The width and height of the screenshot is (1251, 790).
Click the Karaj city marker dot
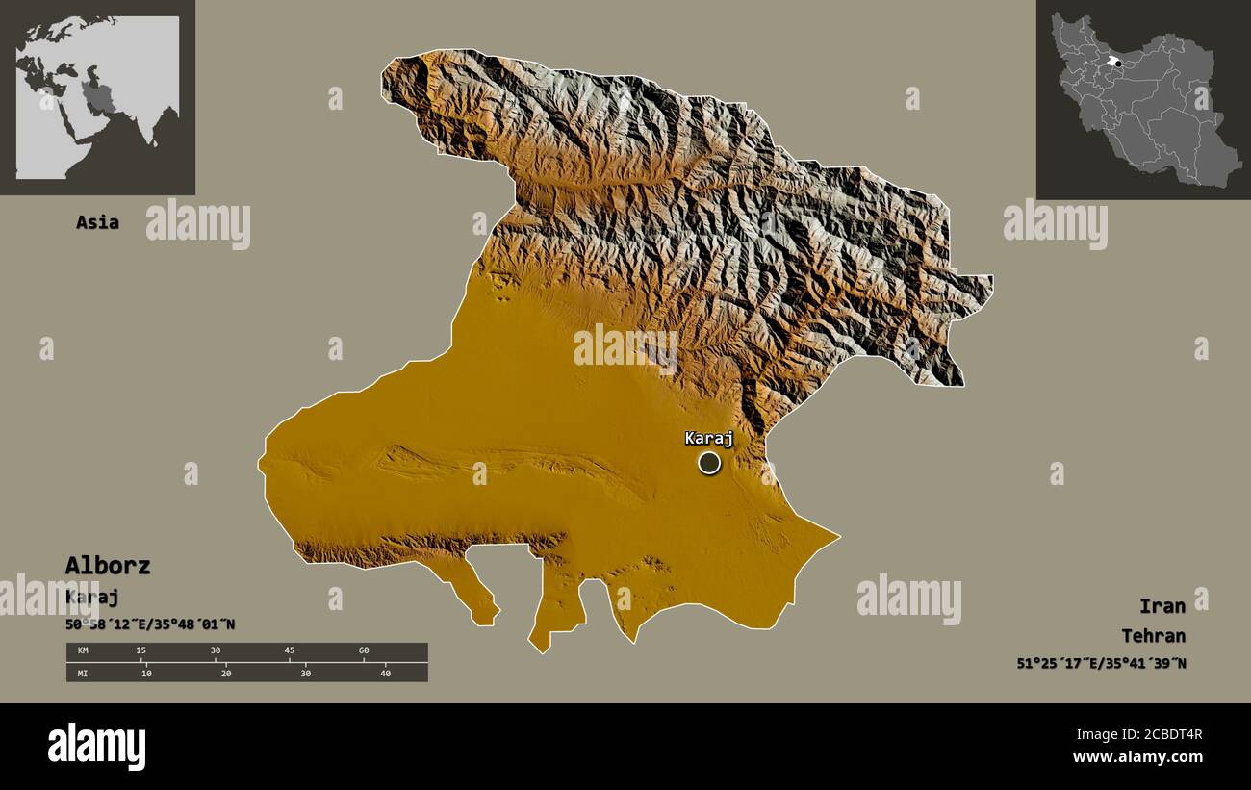(x=709, y=463)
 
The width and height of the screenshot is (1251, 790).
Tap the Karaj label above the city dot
(x=709, y=439)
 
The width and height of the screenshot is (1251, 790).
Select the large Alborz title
(x=108, y=566)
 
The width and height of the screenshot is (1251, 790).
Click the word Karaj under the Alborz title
(x=92, y=597)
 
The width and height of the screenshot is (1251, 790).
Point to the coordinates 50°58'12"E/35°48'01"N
(x=150, y=624)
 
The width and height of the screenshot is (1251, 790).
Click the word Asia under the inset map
(x=98, y=222)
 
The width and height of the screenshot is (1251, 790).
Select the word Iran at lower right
(x=1162, y=605)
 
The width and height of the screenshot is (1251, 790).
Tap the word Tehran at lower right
(x=1153, y=635)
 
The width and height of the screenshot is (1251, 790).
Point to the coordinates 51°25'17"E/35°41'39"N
(x=1101, y=663)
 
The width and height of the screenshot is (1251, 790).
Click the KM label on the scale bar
(x=83, y=651)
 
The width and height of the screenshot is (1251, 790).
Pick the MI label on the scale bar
(x=83, y=673)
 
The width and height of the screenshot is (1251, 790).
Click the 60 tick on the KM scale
(x=364, y=651)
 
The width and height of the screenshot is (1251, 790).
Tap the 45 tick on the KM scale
(x=290, y=651)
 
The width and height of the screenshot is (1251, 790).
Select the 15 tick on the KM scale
(x=141, y=651)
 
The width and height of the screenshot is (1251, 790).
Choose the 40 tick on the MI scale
(x=385, y=673)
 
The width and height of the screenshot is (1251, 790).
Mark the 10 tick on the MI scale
(x=146, y=673)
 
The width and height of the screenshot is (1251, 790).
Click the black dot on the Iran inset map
(x=1116, y=63)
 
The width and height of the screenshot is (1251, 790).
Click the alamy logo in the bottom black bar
(x=96, y=747)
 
